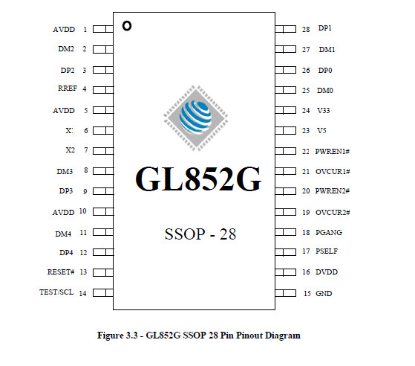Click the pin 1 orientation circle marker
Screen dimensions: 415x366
127,26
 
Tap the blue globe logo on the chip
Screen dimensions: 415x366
195,117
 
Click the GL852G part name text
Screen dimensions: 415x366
198,179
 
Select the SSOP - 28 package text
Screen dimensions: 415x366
200,234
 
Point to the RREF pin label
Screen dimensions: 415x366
68,88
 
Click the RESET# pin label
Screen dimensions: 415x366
61,272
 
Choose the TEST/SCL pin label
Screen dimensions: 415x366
56,292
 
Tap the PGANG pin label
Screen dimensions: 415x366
329,233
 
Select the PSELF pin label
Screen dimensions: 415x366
327,251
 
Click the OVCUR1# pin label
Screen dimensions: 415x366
333,172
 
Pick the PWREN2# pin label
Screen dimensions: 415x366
333,191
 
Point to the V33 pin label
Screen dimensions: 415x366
324,110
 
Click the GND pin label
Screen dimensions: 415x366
324,294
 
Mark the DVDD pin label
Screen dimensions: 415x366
327,272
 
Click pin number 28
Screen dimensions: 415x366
306,29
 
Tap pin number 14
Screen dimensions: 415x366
83,293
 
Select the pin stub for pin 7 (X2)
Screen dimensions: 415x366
103,151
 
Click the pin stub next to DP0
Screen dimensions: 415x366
286,70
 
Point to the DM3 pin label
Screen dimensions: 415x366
65,172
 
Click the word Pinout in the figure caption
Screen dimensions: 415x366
249,335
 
